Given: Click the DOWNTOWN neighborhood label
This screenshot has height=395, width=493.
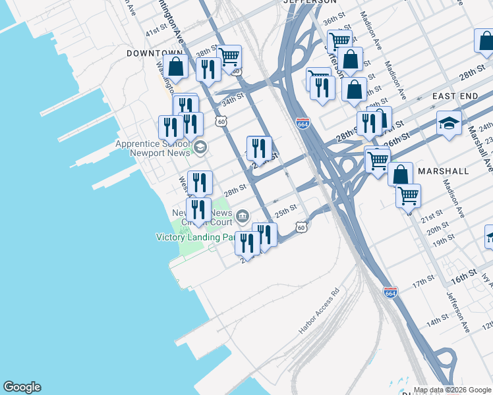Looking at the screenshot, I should (154, 53).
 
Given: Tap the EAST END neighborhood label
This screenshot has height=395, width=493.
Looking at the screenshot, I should (455, 96).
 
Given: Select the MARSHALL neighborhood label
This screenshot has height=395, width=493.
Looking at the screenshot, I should (443, 171).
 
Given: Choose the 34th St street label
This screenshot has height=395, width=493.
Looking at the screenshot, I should (233, 102).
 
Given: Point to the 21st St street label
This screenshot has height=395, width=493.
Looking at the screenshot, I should (432, 216).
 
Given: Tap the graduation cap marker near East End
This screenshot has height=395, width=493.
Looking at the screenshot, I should (449, 124).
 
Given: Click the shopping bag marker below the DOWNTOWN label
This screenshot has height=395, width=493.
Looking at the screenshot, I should (176, 67).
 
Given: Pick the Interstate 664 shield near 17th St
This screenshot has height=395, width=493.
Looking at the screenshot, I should (390, 292).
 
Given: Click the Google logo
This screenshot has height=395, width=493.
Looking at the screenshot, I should (22, 387).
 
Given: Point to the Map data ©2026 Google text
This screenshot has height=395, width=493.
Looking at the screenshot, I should (452, 390).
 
